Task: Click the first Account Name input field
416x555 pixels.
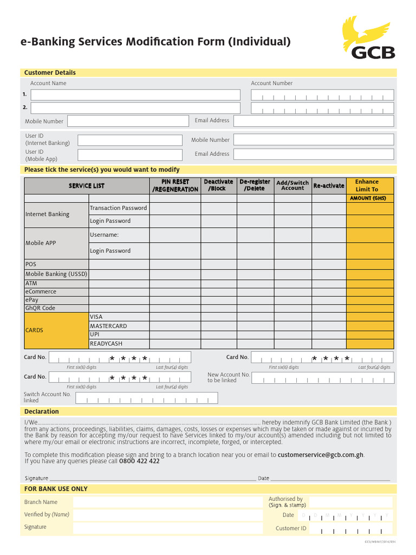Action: pos(135,95)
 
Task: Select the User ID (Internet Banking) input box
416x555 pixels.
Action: pos(130,140)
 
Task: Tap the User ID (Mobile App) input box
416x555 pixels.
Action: pos(130,154)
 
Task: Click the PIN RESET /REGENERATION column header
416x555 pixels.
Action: pos(175,185)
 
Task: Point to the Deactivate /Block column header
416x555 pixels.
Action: pos(218,185)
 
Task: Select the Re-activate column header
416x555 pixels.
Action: pos(329,185)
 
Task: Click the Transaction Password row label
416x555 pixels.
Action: pos(118,208)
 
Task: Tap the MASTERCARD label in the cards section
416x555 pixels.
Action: pos(108,326)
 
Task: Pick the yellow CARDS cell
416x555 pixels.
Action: pos(56,330)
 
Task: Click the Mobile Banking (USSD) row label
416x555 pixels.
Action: pos(56,274)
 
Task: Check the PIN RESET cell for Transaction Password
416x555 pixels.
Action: pos(175,208)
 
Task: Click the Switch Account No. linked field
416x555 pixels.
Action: pos(146,398)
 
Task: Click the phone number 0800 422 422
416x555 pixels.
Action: pos(139,462)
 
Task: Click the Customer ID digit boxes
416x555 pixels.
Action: pos(351,528)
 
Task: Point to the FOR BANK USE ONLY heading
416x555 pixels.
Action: pos(56,489)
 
